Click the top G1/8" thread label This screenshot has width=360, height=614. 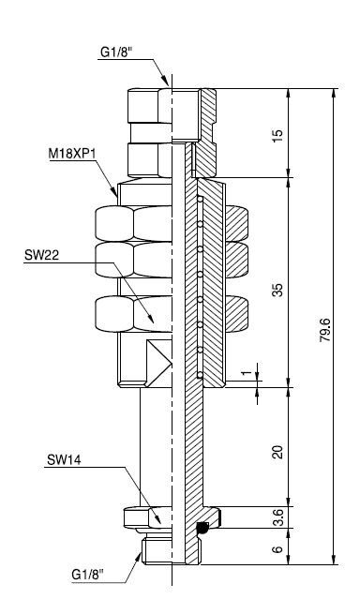pos(115,52)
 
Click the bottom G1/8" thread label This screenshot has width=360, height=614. pos(88,575)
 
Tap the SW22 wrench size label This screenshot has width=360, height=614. pos(41,255)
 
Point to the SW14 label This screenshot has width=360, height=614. pos(64,459)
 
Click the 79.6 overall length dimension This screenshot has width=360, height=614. pos(325,330)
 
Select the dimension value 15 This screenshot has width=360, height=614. pos(277,133)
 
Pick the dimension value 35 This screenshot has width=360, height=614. pos(277,290)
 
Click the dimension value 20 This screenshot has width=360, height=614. pos(277,452)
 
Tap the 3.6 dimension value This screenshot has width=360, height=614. pos(277,517)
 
